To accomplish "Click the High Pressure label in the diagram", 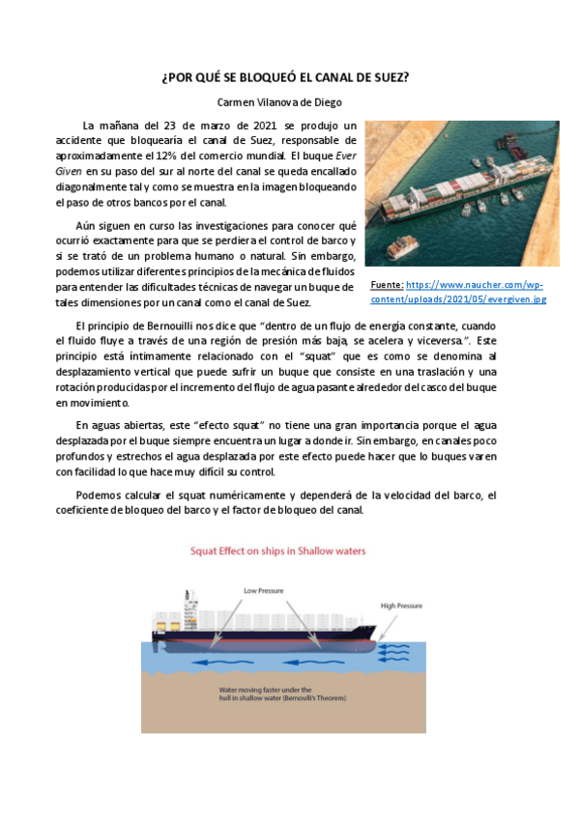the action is point(401,606).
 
